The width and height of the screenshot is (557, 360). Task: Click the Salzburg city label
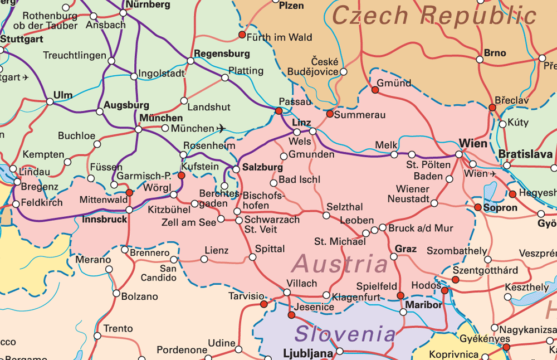[x=262, y=167]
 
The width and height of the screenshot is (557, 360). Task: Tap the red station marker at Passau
[x=279, y=111]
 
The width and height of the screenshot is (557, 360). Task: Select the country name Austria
[x=340, y=264]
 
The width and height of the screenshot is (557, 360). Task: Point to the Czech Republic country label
[x=434, y=15]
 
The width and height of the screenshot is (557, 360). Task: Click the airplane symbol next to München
[x=222, y=129]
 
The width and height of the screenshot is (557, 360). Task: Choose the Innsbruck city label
[x=104, y=220]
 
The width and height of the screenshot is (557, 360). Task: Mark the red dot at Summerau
[x=330, y=114]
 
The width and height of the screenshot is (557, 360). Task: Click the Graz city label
[x=405, y=249]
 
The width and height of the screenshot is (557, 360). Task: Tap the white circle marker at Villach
[x=287, y=292]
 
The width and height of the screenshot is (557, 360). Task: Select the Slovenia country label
[x=345, y=334]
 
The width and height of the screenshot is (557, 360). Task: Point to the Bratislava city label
[x=525, y=154]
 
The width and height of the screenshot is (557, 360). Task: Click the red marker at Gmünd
[x=375, y=89]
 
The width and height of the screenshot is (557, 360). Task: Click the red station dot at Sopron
[x=478, y=207]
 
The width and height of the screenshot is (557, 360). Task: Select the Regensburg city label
[x=222, y=54]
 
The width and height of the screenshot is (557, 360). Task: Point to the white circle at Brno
[x=480, y=60]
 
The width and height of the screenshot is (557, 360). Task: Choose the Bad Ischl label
[x=299, y=180]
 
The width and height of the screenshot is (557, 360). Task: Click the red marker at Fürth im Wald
[x=242, y=35]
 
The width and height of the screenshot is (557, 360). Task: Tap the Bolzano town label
[x=139, y=296]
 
